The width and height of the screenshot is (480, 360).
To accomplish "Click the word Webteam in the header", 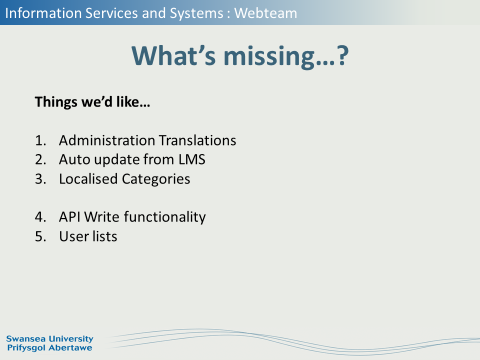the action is pyautogui.click(x=265, y=13).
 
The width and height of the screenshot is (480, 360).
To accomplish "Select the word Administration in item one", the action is pyautogui.click(x=107, y=140).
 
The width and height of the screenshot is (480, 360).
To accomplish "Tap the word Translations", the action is pyautogui.click(x=197, y=140).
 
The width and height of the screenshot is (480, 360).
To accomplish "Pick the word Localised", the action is pyautogui.click(x=88, y=179).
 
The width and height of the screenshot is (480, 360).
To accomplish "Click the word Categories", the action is pyautogui.click(x=156, y=179).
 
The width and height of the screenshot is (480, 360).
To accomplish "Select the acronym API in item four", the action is pyautogui.click(x=70, y=216).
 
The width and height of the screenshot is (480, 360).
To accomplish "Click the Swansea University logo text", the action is pyautogui.click(x=49, y=339).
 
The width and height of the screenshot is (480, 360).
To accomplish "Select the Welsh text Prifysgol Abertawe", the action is pyautogui.click(x=49, y=348).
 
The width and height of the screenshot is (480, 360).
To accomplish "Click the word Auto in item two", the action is pyautogui.click(x=74, y=159).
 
